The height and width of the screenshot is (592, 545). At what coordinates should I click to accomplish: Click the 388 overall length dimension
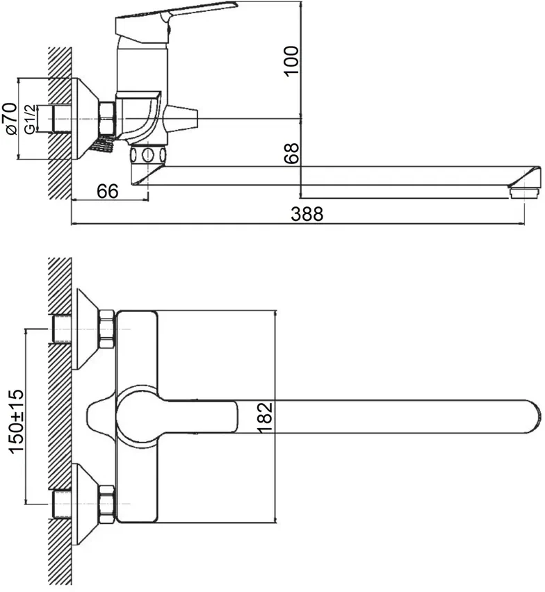pos(307,214)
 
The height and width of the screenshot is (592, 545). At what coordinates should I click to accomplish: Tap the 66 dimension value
pos(108,191)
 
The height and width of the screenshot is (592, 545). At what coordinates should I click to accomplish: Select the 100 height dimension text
pos(291,61)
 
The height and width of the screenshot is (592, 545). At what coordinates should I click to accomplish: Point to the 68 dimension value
pos(291,154)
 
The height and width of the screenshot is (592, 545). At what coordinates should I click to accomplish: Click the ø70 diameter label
pos(10,118)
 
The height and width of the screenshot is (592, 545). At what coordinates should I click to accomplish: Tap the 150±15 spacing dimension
pos(16,421)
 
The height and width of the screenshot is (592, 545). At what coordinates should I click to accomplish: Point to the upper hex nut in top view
pos(106,329)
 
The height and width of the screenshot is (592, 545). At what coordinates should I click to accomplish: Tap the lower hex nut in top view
pos(106,504)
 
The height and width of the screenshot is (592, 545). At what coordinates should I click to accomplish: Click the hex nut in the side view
pos(107,118)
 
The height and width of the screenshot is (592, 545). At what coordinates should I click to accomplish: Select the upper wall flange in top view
pos(88,329)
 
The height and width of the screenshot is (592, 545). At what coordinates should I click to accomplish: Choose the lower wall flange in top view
pos(88,504)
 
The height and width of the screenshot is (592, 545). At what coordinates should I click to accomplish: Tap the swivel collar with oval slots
pos(147,154)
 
